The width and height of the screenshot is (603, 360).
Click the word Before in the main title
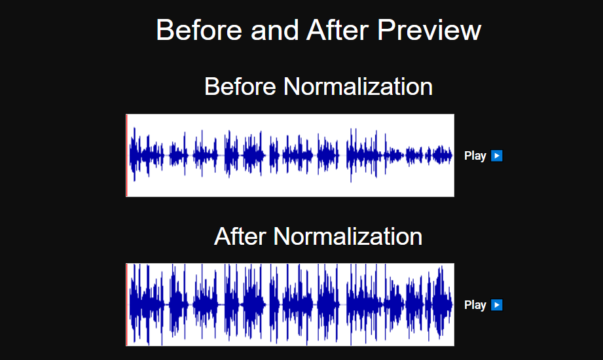199,29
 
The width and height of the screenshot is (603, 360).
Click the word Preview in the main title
429,29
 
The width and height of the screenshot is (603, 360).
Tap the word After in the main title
338,29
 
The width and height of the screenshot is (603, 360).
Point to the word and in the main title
274,29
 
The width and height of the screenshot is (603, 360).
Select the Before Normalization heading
318,86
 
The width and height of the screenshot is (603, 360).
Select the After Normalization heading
318,236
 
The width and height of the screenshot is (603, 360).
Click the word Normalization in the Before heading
358,86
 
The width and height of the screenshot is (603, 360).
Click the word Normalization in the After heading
348,236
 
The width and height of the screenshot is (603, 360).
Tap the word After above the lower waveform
240,236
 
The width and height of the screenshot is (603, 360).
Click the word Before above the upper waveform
240,86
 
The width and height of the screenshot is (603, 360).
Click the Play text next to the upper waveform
475,156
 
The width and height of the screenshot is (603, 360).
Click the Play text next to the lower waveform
475,305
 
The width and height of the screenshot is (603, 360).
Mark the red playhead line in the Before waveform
126,155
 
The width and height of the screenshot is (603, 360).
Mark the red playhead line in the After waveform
126,304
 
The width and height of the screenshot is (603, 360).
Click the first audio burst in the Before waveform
147,155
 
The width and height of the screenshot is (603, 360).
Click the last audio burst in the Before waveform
442,155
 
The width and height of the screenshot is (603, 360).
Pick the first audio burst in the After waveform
147,304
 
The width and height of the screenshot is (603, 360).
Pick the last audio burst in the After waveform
442,304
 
